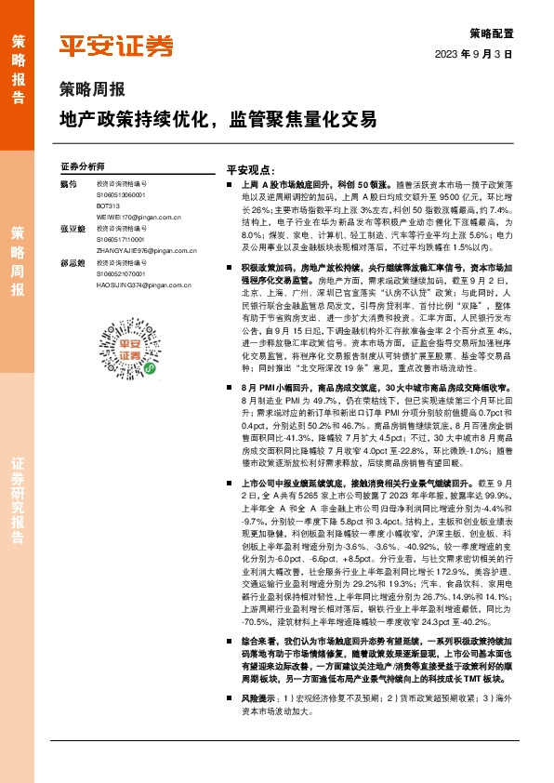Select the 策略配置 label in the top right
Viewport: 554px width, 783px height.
click(x=489, y=33)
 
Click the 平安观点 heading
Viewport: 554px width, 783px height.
click(x=249, y=171)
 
